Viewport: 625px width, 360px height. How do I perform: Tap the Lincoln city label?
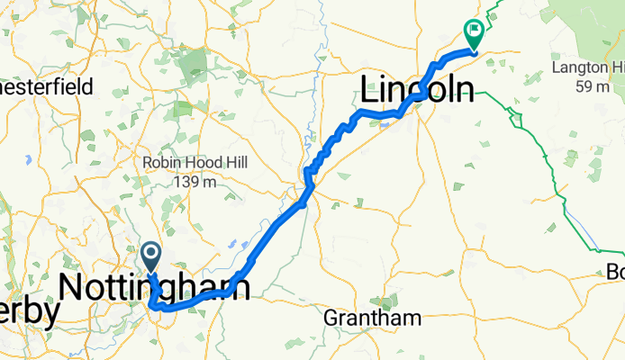pos(417,90)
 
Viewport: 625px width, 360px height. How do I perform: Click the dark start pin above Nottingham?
pos(151,256)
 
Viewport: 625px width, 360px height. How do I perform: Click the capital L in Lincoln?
pos(370,90)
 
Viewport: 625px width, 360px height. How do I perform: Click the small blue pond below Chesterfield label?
pos(30,159)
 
